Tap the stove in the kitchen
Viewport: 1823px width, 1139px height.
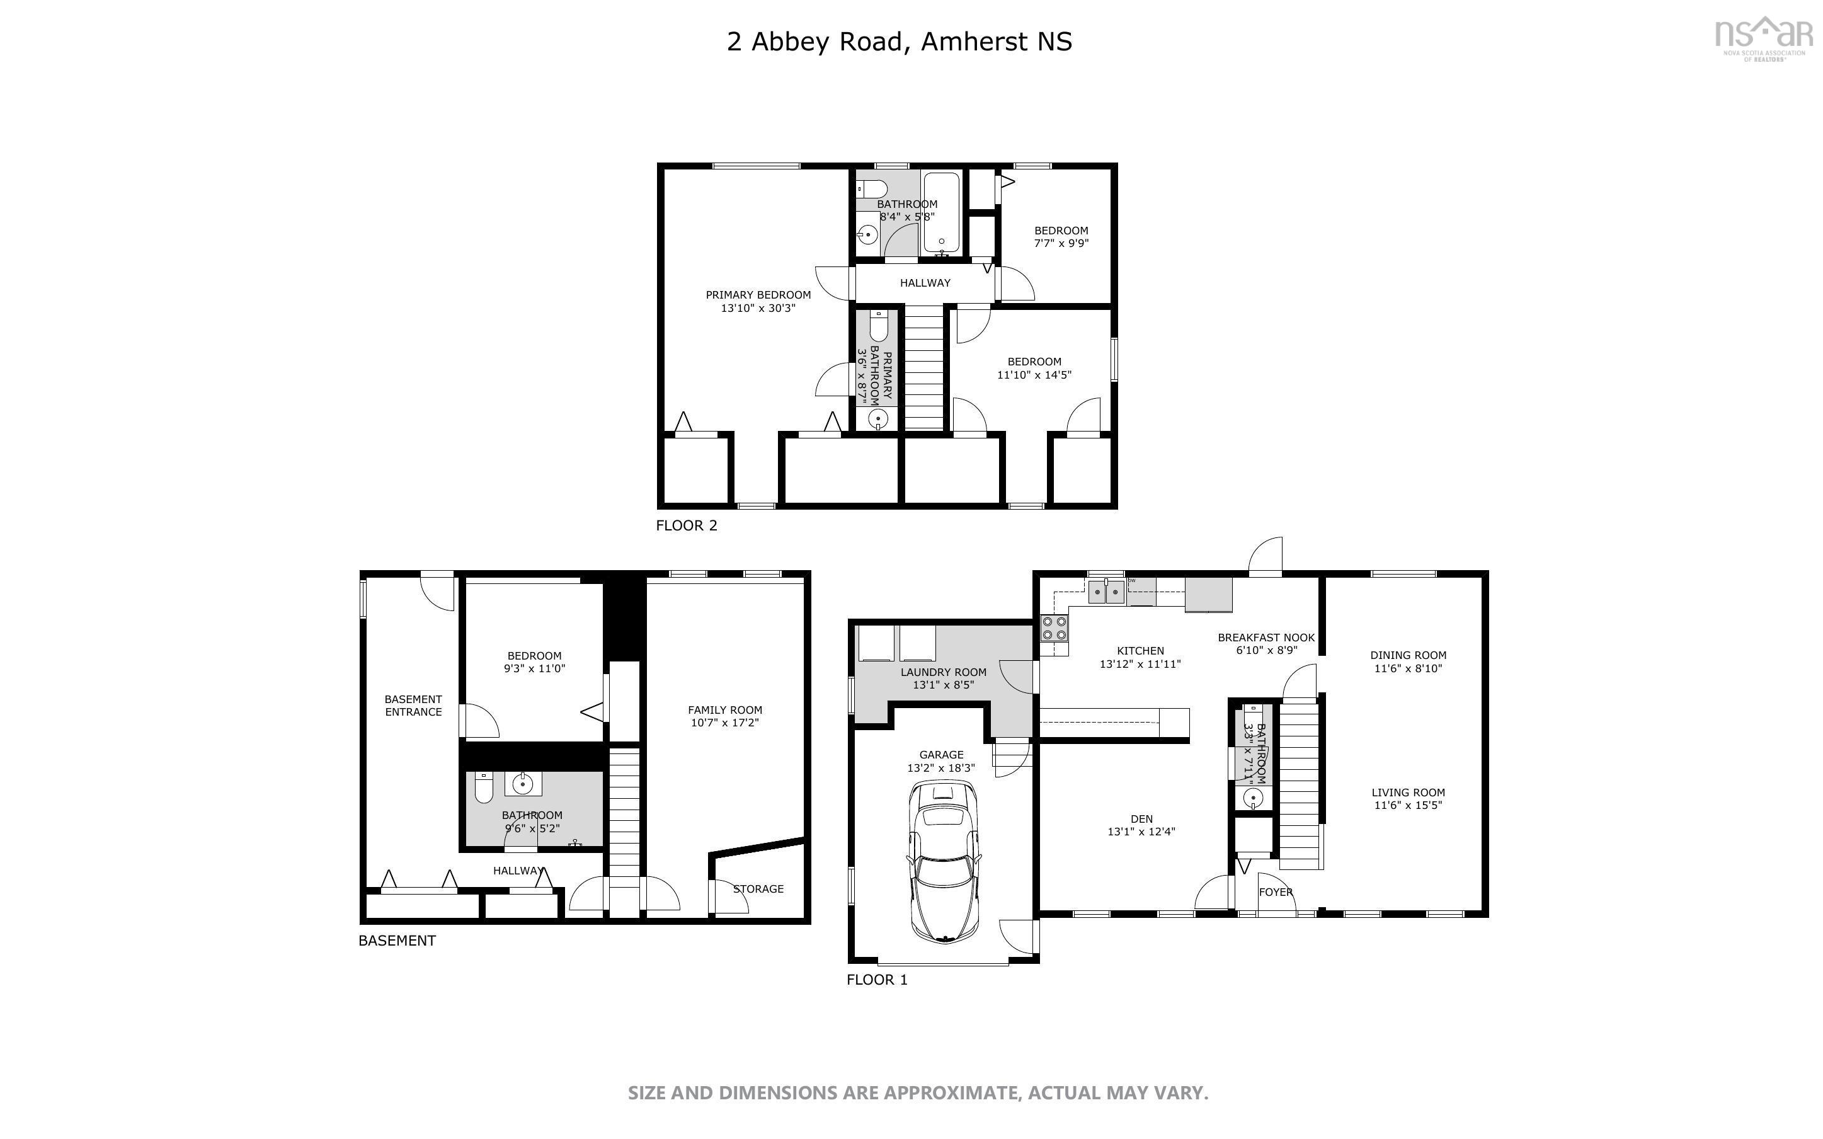tap(1053, 627)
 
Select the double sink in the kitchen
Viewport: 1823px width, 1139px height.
tap(1106, 592)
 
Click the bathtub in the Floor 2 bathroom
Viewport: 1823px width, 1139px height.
tap(941, 213)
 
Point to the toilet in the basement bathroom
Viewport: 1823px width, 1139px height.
tap(483, 789)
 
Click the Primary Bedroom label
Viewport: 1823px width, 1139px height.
tap(758, 295)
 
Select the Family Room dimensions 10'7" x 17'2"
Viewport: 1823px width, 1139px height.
tap(724, 723)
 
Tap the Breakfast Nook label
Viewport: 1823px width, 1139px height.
tap(1266, 638)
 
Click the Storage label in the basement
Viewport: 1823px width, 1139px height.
tap(758, 889)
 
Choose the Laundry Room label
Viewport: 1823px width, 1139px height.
tap(943, 672)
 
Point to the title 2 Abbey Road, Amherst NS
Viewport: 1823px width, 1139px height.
tap(898, 42)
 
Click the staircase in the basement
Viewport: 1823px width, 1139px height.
tap(624, 813)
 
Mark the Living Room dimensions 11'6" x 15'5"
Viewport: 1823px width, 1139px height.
tap(1407, 805)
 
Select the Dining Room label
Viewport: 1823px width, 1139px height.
tap(1407, 655)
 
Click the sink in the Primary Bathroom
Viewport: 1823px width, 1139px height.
tap(876, 418)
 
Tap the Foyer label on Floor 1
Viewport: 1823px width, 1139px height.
tap(1276, 892)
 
